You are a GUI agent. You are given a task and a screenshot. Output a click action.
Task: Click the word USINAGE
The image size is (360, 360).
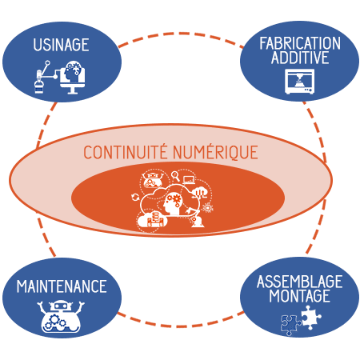[61, 45]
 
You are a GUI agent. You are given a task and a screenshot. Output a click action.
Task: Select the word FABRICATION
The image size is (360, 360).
[300, 43]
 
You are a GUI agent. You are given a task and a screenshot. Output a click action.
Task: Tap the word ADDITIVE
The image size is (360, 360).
[300, 58]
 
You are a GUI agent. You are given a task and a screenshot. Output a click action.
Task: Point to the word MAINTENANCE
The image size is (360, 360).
[62, 286]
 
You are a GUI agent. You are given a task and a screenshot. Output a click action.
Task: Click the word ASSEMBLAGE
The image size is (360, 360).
[300, 282]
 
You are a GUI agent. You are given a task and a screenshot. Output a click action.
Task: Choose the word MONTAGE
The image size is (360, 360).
[299, 296]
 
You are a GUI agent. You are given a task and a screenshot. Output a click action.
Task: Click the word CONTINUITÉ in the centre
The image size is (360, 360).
[126, 151]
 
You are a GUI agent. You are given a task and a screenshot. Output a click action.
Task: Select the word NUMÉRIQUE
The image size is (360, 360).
[215, 152]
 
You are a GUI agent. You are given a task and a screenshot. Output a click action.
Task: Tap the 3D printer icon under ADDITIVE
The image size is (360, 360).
[300, 82]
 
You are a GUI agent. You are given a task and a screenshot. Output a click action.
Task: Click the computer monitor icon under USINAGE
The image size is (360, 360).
[72, 78]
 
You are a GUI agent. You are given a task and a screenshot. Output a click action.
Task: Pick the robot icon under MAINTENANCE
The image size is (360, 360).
[61, 317]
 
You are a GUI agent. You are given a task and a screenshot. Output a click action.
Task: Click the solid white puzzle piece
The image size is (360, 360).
[311, 318]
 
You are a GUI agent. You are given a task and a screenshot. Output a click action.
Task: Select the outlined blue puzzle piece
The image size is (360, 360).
[291, 325]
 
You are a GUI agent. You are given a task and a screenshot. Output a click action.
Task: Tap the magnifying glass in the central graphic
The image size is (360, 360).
[175, 176]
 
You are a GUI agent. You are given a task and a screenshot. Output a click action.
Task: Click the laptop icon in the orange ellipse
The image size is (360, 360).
[189, 180]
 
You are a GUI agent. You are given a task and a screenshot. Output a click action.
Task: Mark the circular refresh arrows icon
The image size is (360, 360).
[135, 198]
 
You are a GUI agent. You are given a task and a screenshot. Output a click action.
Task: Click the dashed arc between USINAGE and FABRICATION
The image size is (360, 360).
[181, 34]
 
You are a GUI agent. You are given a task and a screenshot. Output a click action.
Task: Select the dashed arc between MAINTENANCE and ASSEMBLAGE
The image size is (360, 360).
[181, 326]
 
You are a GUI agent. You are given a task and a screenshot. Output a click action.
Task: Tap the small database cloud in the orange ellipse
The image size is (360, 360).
[152, 219]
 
